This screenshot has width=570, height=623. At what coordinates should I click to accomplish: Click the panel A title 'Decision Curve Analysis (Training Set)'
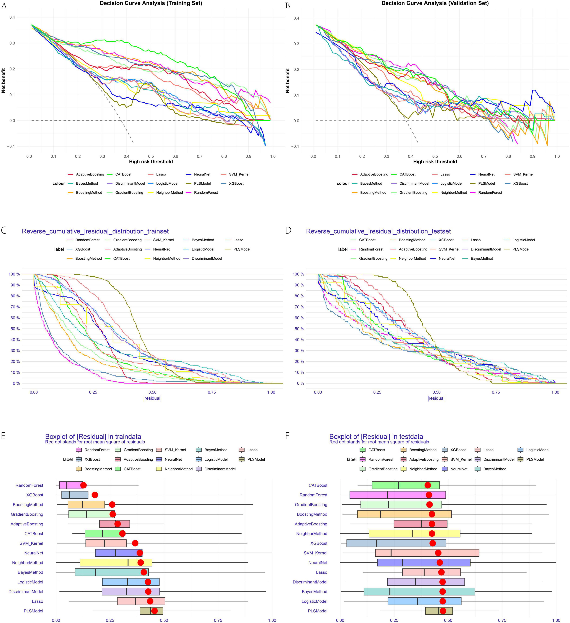[151, 3]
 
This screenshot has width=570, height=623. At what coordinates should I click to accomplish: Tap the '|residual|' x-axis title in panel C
[152, 398]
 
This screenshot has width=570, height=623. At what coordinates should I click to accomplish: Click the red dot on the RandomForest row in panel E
[83, 485]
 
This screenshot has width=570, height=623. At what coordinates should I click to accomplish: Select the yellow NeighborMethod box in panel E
[116, 562]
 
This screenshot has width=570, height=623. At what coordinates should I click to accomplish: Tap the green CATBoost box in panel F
[406, 485]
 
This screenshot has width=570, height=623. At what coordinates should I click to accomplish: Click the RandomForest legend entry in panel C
[87, 240]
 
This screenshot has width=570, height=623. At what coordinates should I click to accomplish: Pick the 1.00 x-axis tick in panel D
[555, 392]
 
